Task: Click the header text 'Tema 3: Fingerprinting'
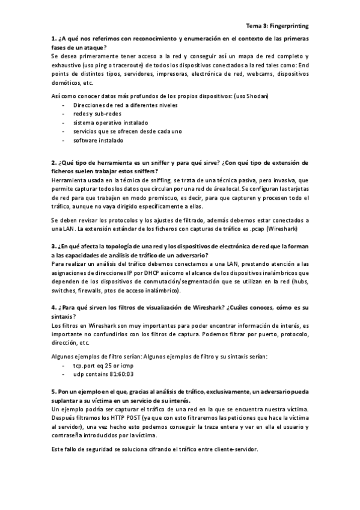[278, 26]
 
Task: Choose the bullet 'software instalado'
[98, 140]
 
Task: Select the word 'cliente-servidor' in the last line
[234, 450]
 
